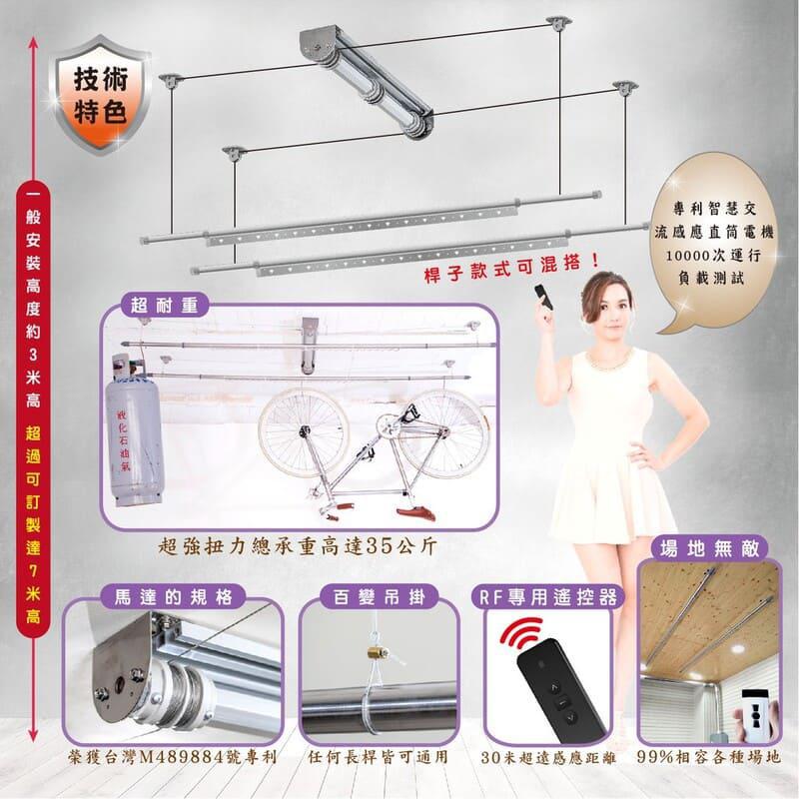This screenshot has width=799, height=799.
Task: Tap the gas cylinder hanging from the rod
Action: pos(134,429)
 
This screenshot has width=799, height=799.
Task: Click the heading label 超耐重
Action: pos(164,306)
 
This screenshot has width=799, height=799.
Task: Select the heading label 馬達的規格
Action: pos(173,596)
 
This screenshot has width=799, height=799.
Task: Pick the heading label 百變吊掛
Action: pos(380,596)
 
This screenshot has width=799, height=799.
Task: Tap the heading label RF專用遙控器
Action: pos(548,596)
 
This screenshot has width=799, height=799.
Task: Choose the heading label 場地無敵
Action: pos(709,548)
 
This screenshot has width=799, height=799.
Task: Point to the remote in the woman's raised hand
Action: pos(541,298)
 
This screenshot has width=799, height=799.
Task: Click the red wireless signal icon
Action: pos(520,633)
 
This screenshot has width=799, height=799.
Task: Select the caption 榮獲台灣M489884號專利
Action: pos(173,758)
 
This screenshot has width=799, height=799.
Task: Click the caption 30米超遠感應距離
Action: pos(548,758)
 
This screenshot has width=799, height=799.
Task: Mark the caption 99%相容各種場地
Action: pos(709,757)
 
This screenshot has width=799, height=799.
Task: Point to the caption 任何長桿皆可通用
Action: pos(378,758)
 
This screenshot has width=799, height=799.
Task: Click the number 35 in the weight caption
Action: pos(379,546)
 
